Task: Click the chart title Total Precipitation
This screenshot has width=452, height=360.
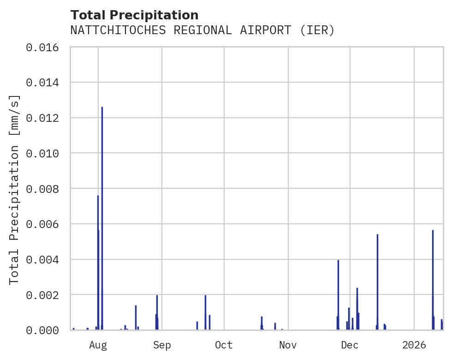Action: (x=134, y=15)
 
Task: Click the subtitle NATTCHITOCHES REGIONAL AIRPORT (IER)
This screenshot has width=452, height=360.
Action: (x=202, y=30)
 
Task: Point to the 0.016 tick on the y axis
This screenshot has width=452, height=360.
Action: (x=45, y=47)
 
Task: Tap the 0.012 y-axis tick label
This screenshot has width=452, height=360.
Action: (x=45, y=118)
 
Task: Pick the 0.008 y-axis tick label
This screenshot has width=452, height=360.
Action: (x=45, y=188)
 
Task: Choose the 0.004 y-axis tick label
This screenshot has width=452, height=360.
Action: (x=45, y=259)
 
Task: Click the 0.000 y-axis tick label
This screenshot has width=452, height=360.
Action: (x=45, y=330)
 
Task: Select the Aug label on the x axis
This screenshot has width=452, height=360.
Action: (x=98, y=345)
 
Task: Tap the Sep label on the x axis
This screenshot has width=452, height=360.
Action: (x=162, y=345)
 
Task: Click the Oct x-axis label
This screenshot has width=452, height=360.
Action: (x=224, y=345)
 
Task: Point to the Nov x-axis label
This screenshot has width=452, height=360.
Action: (x=288, y=345)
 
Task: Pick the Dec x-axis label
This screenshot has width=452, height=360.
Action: (x=350, y=345)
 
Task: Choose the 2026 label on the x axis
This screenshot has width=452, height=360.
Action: (x=414, y=345)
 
